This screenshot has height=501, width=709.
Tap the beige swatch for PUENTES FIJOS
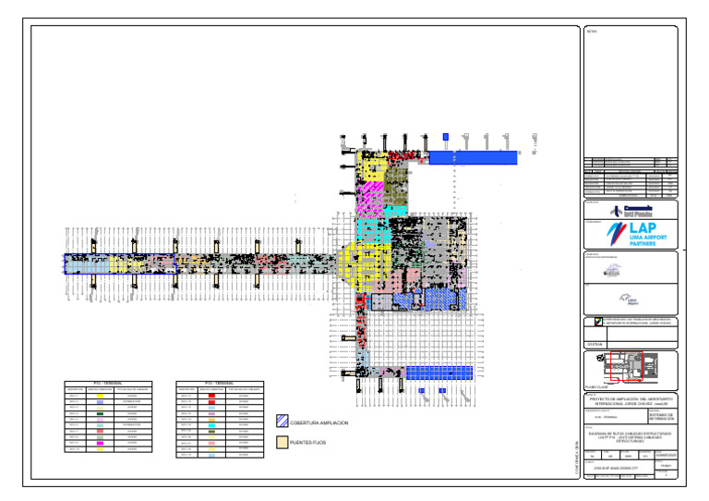[282, 444]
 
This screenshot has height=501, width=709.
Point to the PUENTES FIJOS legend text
[309, 444]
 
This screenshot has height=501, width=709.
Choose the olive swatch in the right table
[211, 431]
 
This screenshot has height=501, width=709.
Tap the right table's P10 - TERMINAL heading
[219, 384]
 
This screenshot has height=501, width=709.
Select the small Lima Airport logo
[631, 300]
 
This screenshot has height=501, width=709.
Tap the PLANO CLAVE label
[596, 387]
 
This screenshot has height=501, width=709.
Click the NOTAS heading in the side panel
[592, 32]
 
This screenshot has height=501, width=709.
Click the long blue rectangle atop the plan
[473, 158]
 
